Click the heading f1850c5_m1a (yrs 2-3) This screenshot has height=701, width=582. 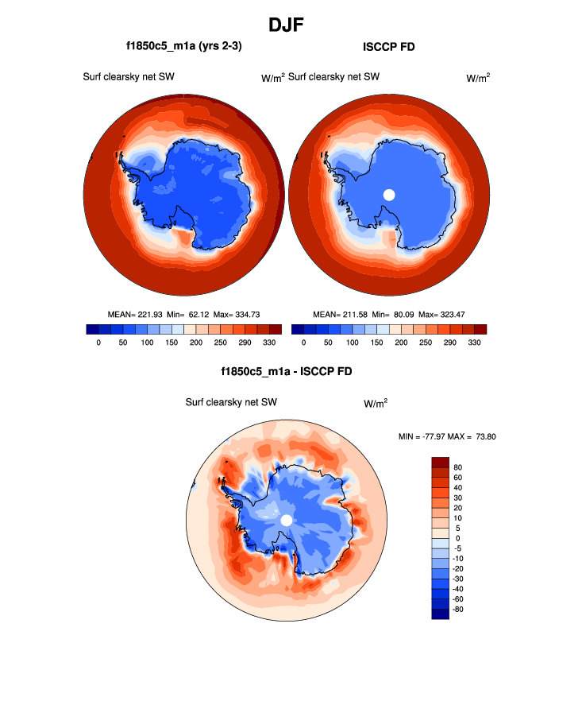point(179,47)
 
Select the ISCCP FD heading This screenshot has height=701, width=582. point(388,47)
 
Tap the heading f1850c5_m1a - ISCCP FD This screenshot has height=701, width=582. point(287,371)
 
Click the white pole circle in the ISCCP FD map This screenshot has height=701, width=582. point(389,195)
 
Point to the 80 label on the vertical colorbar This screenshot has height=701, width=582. point(458,467)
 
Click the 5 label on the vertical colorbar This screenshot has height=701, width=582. point(456,529)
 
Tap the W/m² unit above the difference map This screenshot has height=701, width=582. point(376,403)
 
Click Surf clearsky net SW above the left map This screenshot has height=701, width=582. point(129,77)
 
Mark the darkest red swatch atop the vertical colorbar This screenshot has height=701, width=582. point(441,462)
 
